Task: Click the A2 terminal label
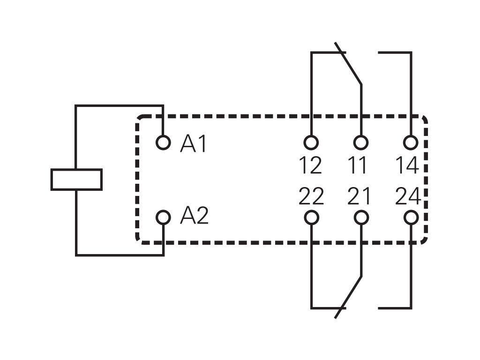194,216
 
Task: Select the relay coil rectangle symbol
76,180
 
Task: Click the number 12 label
310,165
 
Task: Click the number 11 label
359,165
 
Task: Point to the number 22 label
311,196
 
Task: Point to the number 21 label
359,196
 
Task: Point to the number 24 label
407,196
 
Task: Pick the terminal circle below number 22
311,217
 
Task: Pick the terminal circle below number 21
360,217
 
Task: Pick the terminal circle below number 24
411,217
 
